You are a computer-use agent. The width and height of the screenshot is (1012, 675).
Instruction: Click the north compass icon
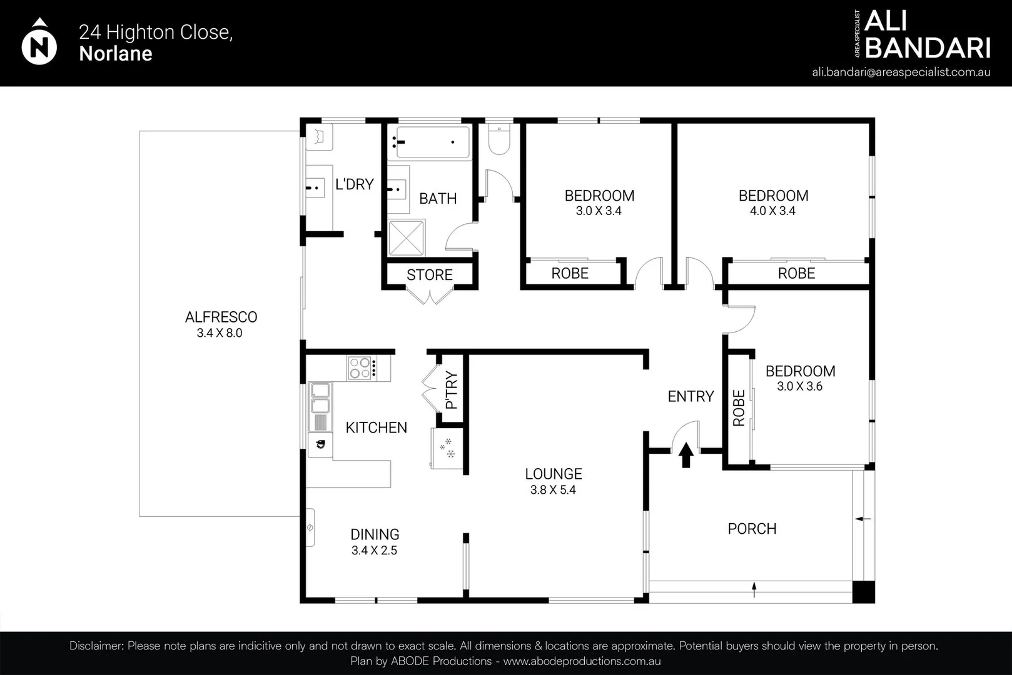click(x=39, y=41)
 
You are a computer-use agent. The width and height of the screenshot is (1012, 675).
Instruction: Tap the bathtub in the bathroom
click(x=433, y=142)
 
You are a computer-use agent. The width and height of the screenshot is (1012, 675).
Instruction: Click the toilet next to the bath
click(x=498, y=139)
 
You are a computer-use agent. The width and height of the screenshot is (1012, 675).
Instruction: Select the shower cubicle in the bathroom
click(x=406, y=237)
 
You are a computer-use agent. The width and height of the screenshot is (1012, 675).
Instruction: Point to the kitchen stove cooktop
click(x=362, y=368)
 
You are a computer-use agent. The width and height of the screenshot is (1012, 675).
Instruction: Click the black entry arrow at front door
click(x=686, y=454)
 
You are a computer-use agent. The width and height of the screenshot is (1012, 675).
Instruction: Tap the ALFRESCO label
click(x=221, y=317)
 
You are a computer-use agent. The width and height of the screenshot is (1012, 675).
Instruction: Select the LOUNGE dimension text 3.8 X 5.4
click(x=553, y=490)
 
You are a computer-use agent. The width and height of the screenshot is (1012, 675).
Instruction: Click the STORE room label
click(x=429, y=274)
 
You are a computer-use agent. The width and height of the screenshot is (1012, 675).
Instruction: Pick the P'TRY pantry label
click(x=452, y=390)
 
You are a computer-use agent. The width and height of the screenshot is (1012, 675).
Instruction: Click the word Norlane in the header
click(x=116, y=53)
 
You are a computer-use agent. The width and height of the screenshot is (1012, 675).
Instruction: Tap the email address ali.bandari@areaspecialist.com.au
click(x=901, y=72)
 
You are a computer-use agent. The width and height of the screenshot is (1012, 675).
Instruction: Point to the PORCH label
click(x=752, y=529)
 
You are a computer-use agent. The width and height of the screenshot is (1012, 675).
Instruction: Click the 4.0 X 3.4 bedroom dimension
click(x=772, y=211)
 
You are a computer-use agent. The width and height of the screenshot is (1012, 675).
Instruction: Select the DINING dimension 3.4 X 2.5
click(x=374, y=551)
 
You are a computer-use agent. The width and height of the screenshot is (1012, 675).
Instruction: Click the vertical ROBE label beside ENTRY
click(x=739, y=408)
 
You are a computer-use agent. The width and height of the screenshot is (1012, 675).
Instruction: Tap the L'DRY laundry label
click(x=355, y=184)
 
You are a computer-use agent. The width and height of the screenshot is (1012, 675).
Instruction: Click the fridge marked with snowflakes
click(x=447, y=448)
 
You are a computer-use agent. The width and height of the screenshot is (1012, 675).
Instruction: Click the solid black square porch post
click(x=863, y=591)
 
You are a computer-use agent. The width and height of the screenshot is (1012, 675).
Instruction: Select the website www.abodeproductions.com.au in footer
click(x=582, y=661)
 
